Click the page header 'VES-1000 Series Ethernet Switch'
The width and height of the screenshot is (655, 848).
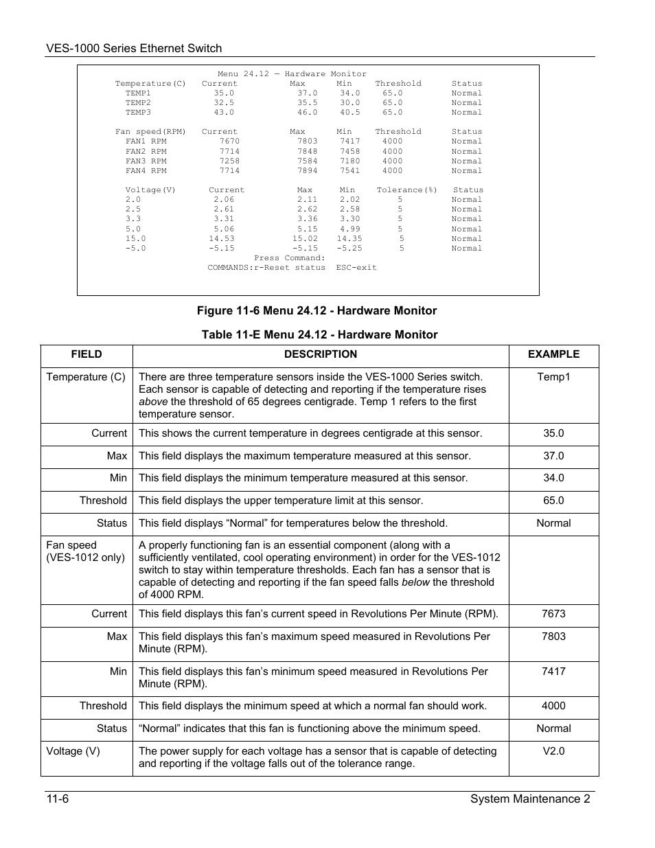point(134,48)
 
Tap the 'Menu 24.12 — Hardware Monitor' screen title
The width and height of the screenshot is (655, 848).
point(292,73)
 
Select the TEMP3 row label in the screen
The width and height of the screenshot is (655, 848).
point(138,112)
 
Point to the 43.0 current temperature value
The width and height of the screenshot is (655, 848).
point(224,112)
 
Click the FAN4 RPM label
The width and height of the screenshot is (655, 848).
point(146,170)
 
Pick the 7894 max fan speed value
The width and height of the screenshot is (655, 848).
point(307,170)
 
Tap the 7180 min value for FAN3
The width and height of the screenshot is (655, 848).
point(349,161)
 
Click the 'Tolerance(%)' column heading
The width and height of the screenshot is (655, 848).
point(406,190)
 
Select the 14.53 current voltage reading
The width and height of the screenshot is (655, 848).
point(222,238)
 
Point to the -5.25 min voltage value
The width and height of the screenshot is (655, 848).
point(349,248)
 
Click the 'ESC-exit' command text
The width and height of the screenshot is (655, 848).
point(356,267)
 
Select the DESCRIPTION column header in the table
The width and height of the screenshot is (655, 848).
point(321,354)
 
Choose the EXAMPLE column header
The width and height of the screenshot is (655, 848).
point(553,354)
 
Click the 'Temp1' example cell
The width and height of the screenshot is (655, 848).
point(553,376)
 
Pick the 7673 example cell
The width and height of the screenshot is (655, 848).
point(553,614)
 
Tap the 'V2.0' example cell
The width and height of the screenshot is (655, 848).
point(553,750)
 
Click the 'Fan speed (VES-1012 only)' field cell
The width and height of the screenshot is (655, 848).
point(85,551)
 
